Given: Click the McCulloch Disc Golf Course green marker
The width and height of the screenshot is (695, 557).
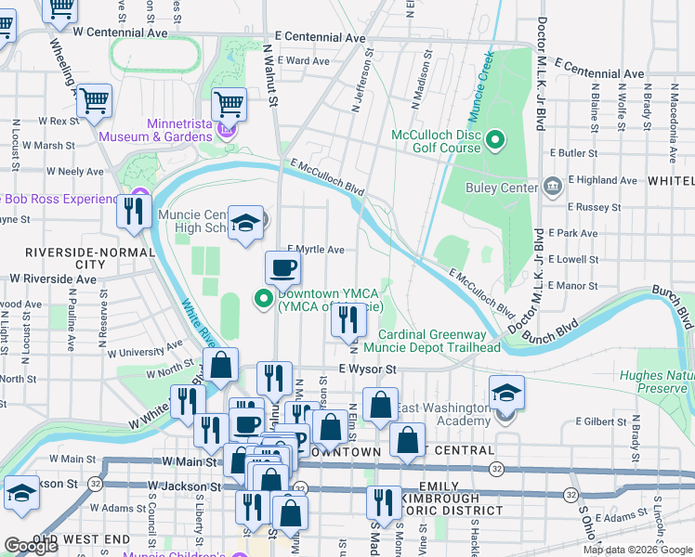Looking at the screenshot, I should pyautogui.click(x=496, y=141).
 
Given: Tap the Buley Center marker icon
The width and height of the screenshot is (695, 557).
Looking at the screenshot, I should pyautogui.click(x=553, y=188).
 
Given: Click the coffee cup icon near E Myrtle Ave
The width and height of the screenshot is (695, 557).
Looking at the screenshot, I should pyautogui.click(x=283, y=268).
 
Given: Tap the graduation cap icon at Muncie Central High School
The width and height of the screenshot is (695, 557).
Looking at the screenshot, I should pyautogui.click(x=246, y=223).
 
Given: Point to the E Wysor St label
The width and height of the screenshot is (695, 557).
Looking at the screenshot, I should pyautogui.click(x=367, y=369).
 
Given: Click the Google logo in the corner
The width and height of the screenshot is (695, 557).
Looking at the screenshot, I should pyautogui.click(x=31, y=546).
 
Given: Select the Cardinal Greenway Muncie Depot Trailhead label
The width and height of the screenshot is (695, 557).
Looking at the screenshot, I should pyautogui.click(x=431, y=341).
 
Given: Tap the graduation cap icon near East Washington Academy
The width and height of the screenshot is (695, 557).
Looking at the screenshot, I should pyautogui.click(x=506, y=392).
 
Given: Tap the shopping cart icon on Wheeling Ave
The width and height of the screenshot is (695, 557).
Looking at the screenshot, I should pyautogui.click(x=94, y=99).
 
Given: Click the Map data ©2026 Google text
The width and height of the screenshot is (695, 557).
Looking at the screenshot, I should pyautogui.click(x=636, y=550).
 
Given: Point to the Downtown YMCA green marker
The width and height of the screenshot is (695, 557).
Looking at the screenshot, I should pyautogui.click(x=264, y=298).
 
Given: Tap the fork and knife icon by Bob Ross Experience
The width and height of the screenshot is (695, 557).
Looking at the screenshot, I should pyautogui.click(x=134, y=211).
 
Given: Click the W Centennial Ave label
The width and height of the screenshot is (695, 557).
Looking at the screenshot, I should pyautogui.click(x=120, y=32).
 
